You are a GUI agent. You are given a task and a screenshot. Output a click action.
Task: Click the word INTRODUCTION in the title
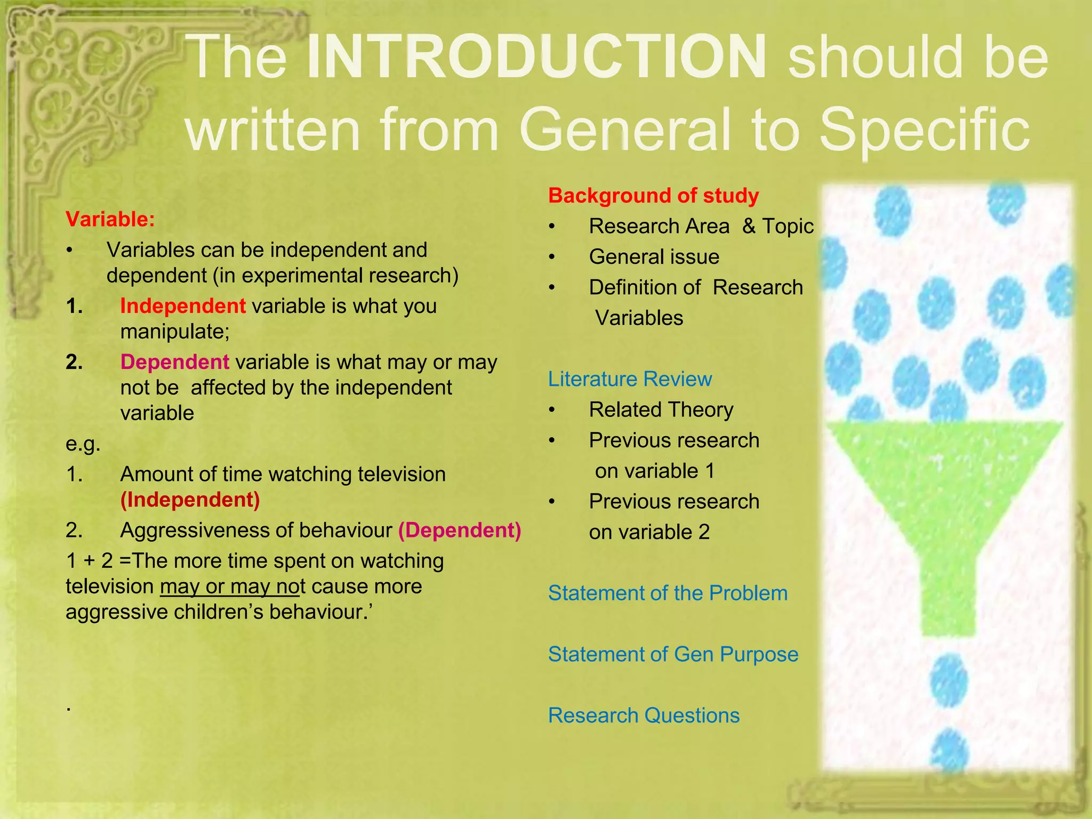(536, 58)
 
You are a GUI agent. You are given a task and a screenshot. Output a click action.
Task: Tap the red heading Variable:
(110, 219)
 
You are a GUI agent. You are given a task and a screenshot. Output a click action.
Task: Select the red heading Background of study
(653, 196)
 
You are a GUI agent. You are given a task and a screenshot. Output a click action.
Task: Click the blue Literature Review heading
(630, 379)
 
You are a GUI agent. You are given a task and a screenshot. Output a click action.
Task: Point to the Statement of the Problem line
(668, 593)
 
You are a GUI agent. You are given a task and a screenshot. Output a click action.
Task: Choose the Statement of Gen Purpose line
(673, 654)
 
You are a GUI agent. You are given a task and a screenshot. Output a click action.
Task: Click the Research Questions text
(644, 716)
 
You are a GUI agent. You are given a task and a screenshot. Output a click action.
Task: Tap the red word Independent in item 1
(183, 306)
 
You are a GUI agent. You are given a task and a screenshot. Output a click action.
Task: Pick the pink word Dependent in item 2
(175, 362)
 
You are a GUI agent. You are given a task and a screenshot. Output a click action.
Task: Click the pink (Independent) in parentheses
(190, 500)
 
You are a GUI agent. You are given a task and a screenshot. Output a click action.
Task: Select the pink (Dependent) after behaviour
(460, 530)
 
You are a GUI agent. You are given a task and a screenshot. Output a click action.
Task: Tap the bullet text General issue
(654, 257)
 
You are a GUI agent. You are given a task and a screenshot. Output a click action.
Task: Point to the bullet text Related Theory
(661, 409)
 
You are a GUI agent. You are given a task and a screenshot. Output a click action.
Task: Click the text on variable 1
(655, 471)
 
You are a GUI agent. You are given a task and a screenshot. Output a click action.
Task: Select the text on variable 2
(649, 532)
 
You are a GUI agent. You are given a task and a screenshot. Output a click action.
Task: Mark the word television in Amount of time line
(401, 474)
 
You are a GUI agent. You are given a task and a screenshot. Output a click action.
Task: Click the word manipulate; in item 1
(175, 332)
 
